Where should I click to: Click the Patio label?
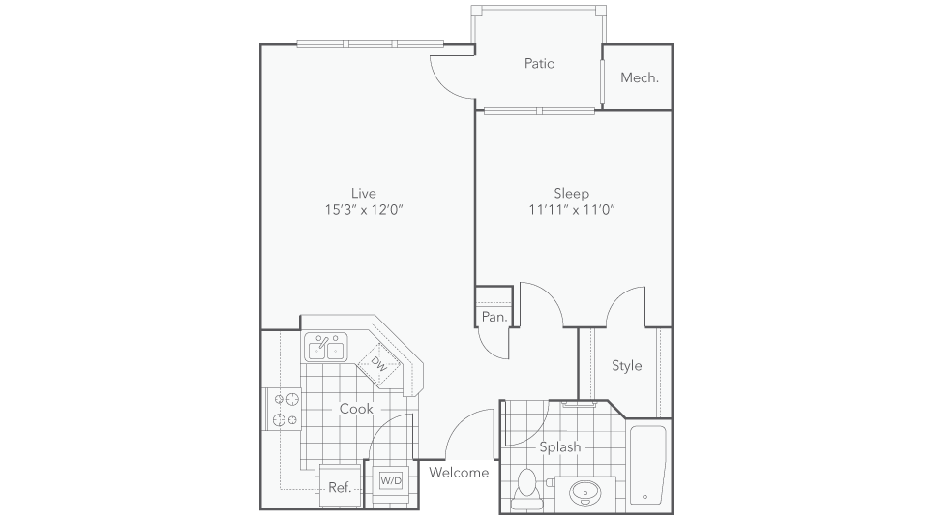pyautogui.click(x=539, y=64)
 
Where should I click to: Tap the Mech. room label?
pyautogui.click(x=640, y=77)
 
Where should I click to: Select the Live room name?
pyautogui.click(x=364, y=192)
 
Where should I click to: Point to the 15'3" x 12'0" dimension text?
pyautogui.click(x=364, y=209)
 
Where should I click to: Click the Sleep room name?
pyautogui.click(x=571, y=192)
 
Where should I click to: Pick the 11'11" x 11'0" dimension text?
pyautogui.click(x=572, y=209)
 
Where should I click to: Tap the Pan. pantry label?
pyautogui.click(x=494, y=317)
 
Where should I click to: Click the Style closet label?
pyautogui.click(x=626, y=366)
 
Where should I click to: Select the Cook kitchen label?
pyautogui.click(x=356, y=409)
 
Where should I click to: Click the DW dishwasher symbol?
pyautogui.click(x=377, y=365)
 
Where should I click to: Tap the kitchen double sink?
pyautogui.click(x=327, y=347)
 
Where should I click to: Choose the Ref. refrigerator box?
pyautogui.click(x=340, y=487)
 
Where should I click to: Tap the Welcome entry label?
pyautogui.click(x=458, y=473)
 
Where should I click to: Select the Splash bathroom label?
pyautogui.click(x=559, y=446)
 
